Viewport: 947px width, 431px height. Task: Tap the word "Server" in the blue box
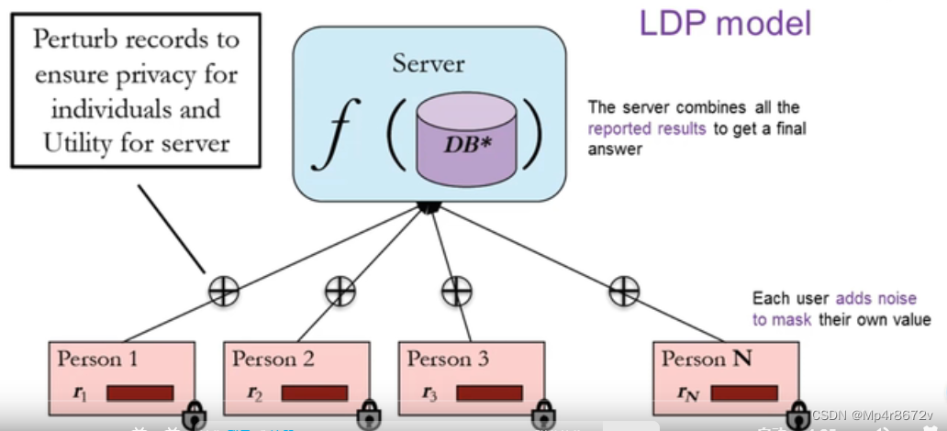point(429,64)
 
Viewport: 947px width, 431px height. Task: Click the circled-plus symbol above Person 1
point(223,292)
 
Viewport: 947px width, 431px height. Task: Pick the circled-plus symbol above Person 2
point(340,292)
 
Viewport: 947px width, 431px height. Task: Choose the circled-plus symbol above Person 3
point(456,292)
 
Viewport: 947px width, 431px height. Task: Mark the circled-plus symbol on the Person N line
point(624,292)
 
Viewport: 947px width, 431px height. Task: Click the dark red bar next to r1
point(139,393)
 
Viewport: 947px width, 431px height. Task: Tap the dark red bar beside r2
point(314,393)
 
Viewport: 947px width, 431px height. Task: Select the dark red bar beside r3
point(489,393)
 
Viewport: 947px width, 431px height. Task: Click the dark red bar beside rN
point(744,393)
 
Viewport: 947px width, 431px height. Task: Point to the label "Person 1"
point(97,359)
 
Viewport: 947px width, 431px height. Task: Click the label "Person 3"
point(447,359)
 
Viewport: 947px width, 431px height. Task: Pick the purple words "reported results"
point(647,129)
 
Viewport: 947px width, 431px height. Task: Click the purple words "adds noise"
point(875,299)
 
